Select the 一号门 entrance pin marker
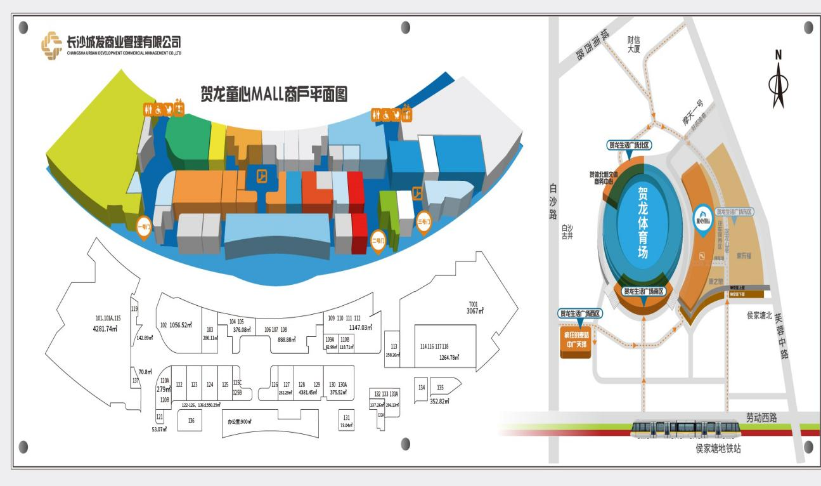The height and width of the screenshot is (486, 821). (144, 227)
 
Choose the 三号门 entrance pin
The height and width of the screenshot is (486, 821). (423, 223)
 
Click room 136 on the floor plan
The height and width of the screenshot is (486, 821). (191, 419)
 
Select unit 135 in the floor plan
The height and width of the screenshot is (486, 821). (440, 386)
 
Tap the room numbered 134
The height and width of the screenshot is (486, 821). (421, 386)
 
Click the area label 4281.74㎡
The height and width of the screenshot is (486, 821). (105, 328)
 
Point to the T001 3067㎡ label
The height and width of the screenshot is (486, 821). (475, 308)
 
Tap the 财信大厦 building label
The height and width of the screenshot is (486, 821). (633, 45)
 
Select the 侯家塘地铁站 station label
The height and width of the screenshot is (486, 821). (718, 449)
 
